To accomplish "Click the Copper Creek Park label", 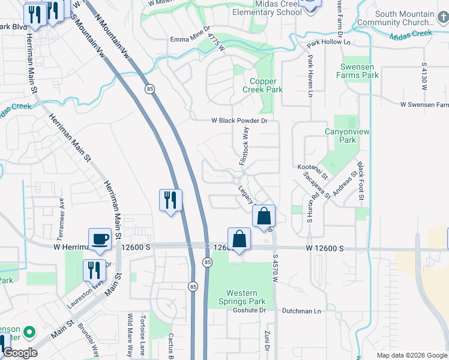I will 263,85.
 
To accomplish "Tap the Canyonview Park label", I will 340,136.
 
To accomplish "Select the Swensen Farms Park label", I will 358,71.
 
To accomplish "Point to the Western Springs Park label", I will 246,298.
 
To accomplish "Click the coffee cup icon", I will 100,239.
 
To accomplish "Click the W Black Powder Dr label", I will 238,120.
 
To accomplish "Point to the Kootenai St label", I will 312,172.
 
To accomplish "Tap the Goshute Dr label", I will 249,310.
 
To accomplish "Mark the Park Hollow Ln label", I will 325,44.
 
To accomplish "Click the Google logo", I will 20,353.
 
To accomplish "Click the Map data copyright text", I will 411,355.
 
